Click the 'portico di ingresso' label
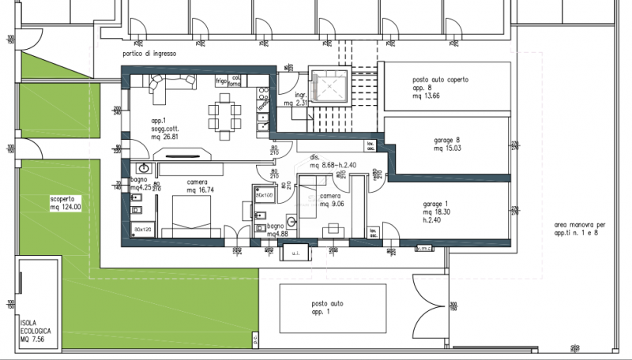click(149, 54)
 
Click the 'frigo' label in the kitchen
click(221, 81)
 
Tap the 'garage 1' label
click(438, 206)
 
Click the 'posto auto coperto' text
click(440, 80)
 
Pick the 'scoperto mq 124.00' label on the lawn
click(66, 203)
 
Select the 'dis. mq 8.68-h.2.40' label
click(332, 162)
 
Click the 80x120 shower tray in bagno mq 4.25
click(143, 228)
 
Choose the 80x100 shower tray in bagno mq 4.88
click(263, 195)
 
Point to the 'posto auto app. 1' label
click(326, 308)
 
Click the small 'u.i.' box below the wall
click(294, 252)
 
